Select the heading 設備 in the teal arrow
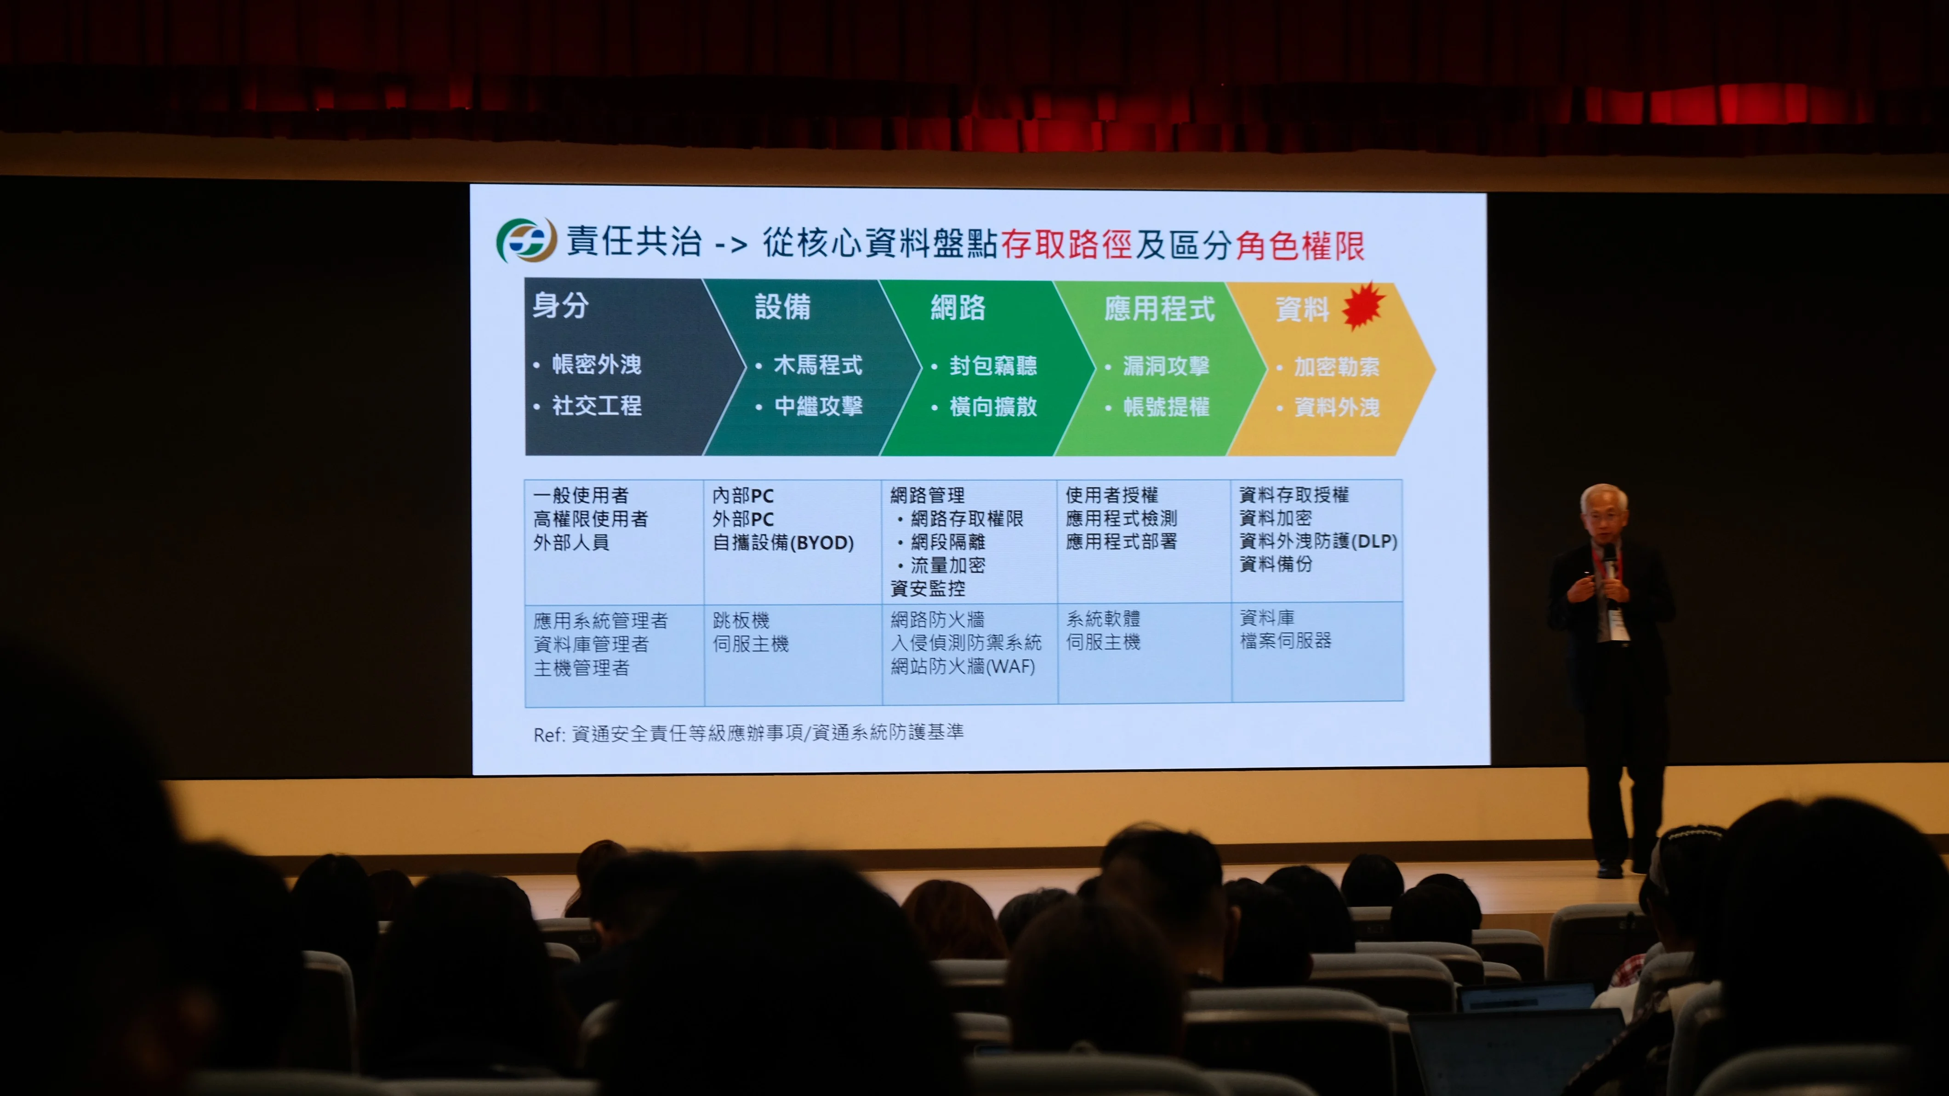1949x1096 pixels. [x=782, y=307]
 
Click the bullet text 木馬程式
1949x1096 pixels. [x=818, y=365]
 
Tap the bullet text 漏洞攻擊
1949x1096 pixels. [x=1166, y=366]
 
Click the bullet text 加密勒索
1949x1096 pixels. [x=1337, y=367]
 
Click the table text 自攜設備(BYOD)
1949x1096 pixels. [x=783, y=542]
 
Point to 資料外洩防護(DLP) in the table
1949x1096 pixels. [x=1318, y=541]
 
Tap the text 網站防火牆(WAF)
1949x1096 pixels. [x=963, y=666]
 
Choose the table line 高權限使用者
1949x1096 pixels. [x=590, y=519]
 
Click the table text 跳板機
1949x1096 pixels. [x=741, y=621]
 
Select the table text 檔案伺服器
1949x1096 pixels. [x=1285, y=641]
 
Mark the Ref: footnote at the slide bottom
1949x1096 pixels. [x=748, y=733]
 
